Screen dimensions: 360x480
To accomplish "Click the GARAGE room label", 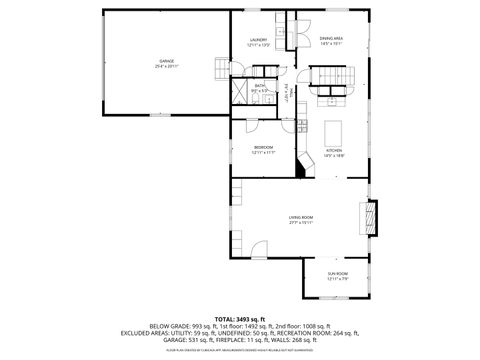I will (x=166, y=61).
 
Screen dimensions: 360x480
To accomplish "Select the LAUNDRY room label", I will (x=258, y=40).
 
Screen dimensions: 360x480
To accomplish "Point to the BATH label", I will (x=259, y=86).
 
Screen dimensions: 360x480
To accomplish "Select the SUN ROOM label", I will (x=338, y=273).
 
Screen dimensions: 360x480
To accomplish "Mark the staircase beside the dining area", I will (x=329, y=76).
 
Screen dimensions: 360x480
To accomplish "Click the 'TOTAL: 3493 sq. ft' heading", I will (x=240, y=317).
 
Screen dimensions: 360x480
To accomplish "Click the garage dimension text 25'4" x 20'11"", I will (x=166, y=66).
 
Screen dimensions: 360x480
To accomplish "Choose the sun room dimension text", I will (x=338, y=279).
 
